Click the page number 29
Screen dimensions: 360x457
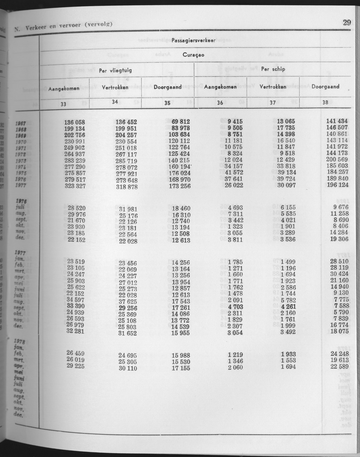(x=346, y=23)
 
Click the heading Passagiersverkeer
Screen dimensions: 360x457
(x=194, y=40)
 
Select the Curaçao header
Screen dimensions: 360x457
(x=194, y=55)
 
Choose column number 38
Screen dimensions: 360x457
(x=325, y=102)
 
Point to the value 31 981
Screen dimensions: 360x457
(x=128, y=209)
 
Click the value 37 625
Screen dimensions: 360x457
(x=128, y=301)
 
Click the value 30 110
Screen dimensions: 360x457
(x=128, y=368)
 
